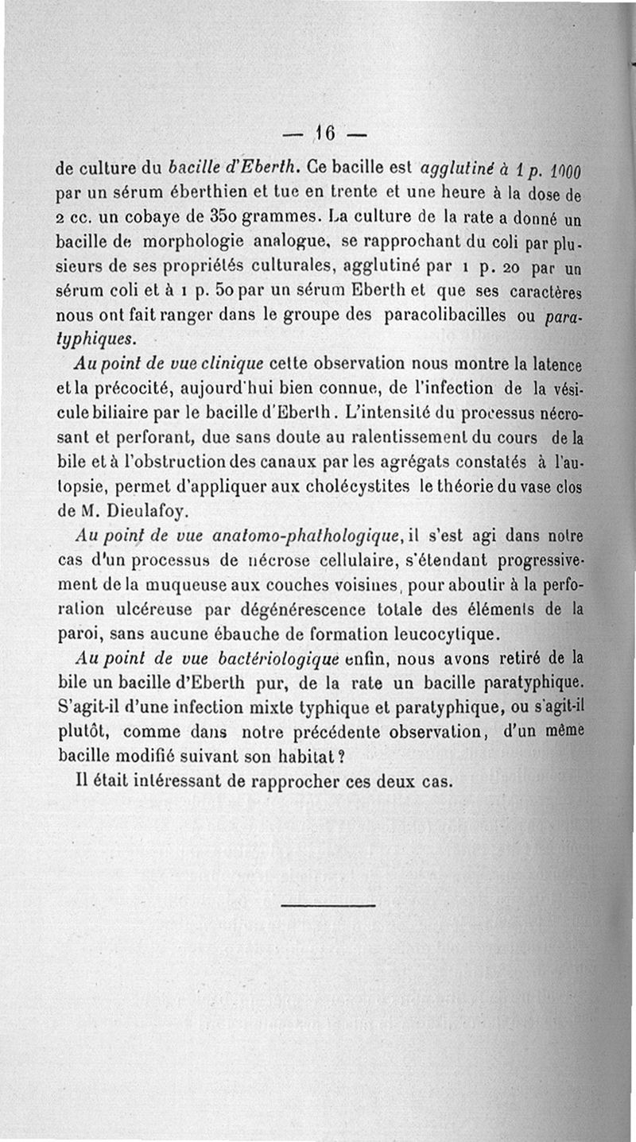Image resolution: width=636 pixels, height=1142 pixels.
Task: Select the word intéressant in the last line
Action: (x=167, y=781)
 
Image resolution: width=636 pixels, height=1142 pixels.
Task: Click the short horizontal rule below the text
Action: (x=328, y=905)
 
